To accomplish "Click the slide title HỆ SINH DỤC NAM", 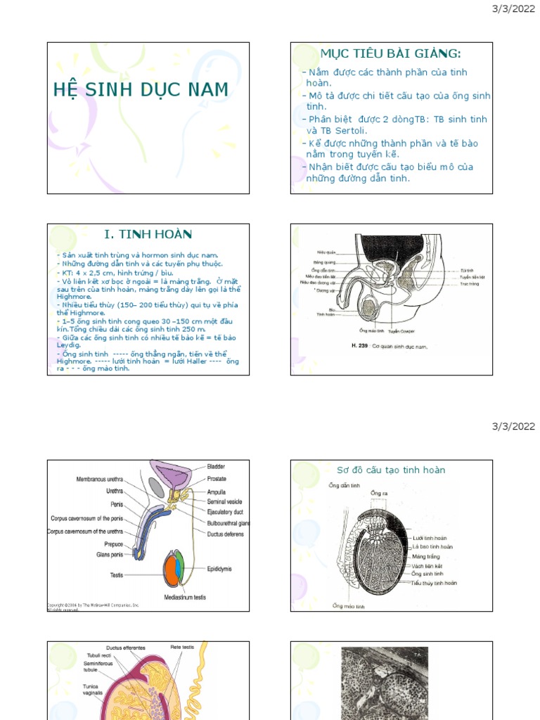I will (x=141, y=90).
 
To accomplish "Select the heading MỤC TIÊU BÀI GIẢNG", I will (x=390, y=54).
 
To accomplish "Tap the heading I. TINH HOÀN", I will (x=148, y=234).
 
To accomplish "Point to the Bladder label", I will (x=217, y=466).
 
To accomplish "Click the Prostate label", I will (x=217, y=479).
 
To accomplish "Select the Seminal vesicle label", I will (x=224, y=502).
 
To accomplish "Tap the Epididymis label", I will (x=219, y=569).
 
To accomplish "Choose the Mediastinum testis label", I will (x=185, y=598).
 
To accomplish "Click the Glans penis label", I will (x=110, y=555).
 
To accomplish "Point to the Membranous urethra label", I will (x=100, y=479).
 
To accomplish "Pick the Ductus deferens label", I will (x=226, y=534).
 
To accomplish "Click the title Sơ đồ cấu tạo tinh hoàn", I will (x=390, y=470).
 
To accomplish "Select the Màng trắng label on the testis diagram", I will (x=427, y=556).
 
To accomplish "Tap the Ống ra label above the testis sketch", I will (x=379, y=492).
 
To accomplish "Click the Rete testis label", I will (x=182, y=647).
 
